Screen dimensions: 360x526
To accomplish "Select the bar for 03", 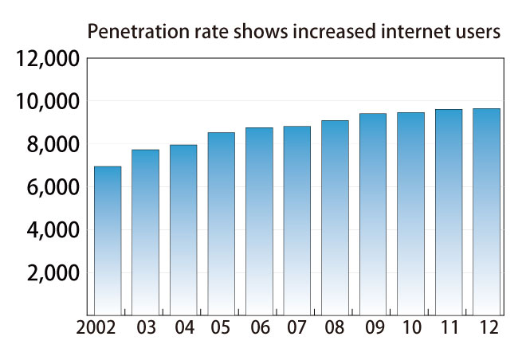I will click(145, 232).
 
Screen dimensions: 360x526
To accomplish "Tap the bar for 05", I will click(222, 223).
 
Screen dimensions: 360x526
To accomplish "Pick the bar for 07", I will click(296, 220).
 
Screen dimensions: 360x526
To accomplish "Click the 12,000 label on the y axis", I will click(48, 59).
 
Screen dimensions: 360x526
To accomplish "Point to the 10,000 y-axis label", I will click(48, 102).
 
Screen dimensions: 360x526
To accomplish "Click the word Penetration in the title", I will click(128, 33).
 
